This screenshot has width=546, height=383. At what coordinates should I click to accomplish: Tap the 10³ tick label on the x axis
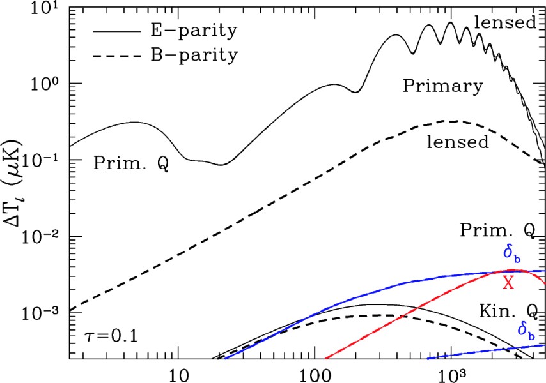click(x=451, y=372)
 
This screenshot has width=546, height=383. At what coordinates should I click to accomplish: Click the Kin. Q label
click(x=509, y=310)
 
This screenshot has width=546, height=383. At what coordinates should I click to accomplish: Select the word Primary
click(x=442, y=86)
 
